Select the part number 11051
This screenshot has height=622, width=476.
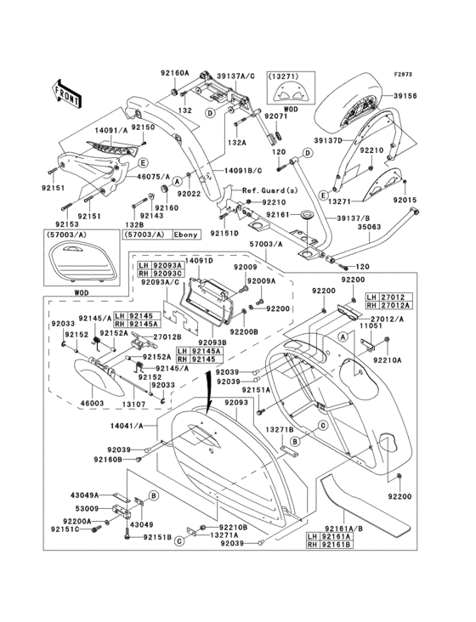[x=377, y=325]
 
